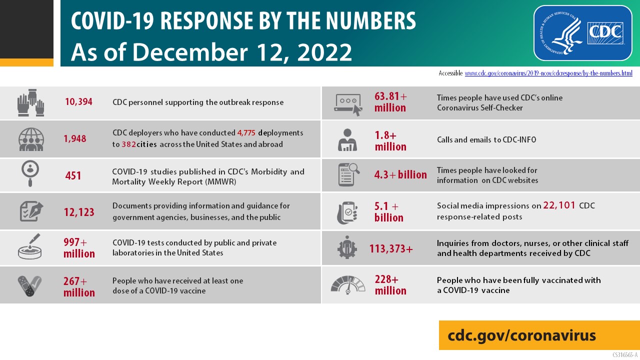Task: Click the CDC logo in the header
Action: click(582, 33)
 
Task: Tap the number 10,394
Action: click(78, 102)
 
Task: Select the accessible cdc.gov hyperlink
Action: click(548, 73)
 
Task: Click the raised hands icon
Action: click(31, 102)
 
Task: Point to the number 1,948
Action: click(75, 138)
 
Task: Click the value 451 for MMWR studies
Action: click(73, 175)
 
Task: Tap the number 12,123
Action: click(79, 212)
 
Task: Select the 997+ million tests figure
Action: click(79, 248)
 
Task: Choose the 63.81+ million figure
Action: click(390, 102)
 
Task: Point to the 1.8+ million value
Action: click(390, 141)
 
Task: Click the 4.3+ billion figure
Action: click(400, 175)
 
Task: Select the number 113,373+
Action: click(391, 248)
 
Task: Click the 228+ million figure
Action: click(390, 285)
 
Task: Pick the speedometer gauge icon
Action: click(348, 285)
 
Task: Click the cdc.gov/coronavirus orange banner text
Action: click(521, 335)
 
